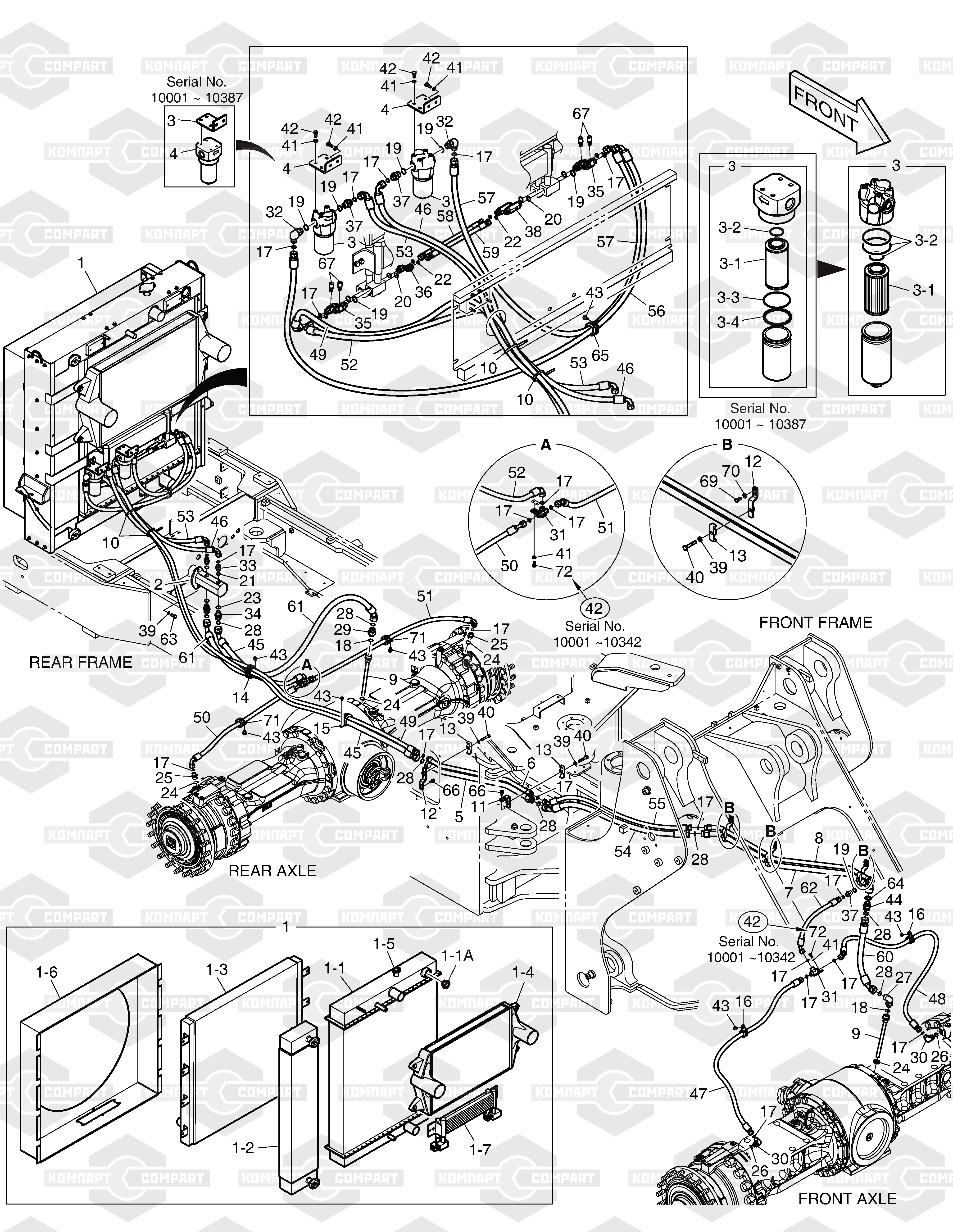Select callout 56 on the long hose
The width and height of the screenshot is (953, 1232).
[x=656, y=311]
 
